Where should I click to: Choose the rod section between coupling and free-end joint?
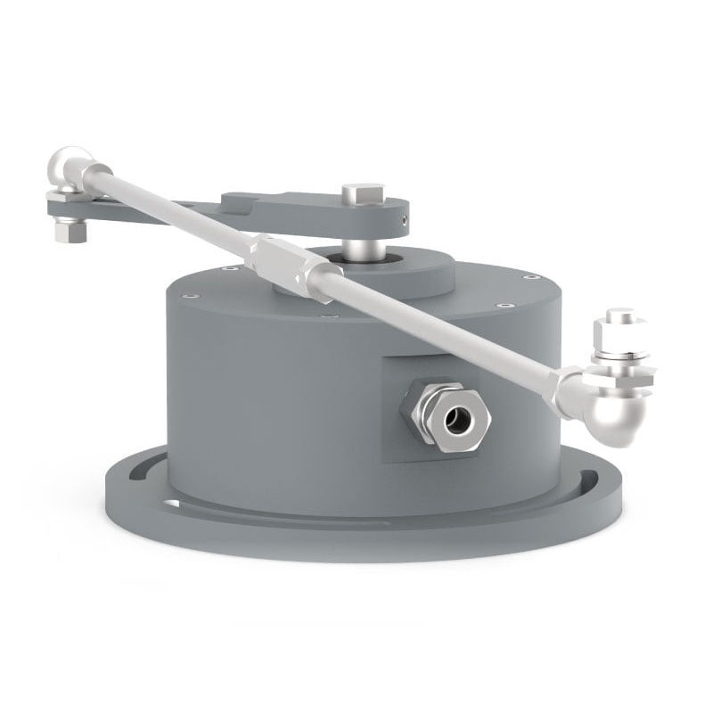point(437,330)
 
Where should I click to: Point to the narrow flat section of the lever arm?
point(143,212)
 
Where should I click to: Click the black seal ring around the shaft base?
point(340,258)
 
